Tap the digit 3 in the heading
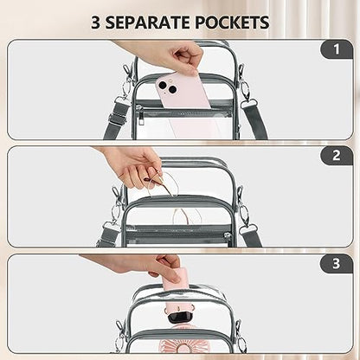96,22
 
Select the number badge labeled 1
337,49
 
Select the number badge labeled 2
337,156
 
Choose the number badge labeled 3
337,264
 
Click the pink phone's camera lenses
167,87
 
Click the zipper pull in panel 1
140,117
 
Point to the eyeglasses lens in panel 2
163,184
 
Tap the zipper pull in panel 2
228,236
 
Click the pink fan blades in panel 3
174,346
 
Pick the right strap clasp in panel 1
246,93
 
